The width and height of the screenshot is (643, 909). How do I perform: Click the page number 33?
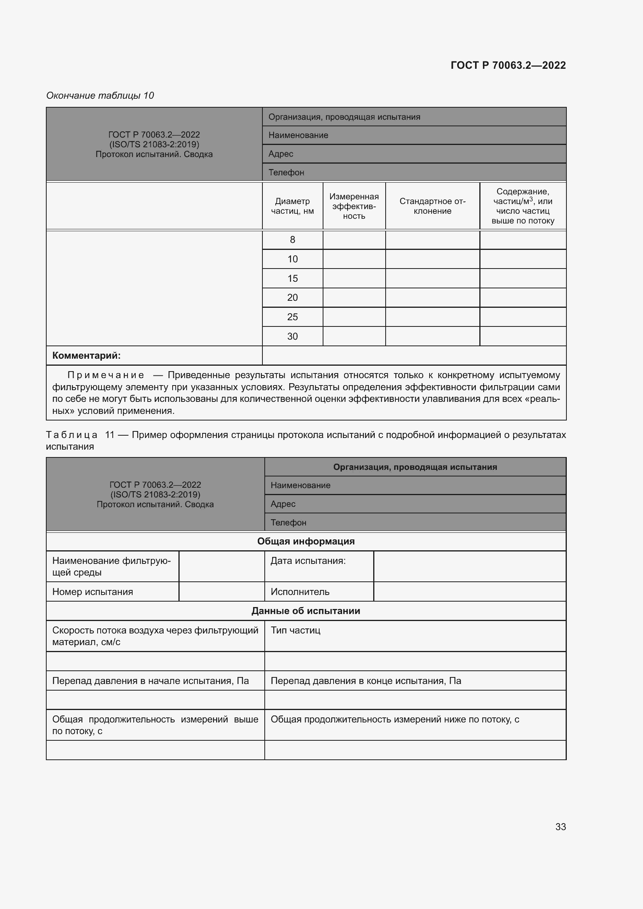point(560,827)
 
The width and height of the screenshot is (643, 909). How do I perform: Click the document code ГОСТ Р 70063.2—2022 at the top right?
point(508,65)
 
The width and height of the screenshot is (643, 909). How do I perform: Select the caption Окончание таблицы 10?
point(100,96)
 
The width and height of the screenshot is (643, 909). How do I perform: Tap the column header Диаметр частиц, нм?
point(292,206)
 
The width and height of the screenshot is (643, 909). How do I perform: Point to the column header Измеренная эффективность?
point(354,206)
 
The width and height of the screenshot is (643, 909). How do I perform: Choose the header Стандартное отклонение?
point(432,206)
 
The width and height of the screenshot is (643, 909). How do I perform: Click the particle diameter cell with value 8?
point(292,239)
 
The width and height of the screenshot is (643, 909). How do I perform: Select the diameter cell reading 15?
point(292,278)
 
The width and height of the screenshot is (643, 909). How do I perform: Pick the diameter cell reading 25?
point(292,317)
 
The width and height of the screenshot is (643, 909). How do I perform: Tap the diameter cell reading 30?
point(292,336)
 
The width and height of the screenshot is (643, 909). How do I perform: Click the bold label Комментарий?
point(86,356)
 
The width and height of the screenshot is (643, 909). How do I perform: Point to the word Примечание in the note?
point(105,375)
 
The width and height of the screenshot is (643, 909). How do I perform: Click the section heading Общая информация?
point(306,541)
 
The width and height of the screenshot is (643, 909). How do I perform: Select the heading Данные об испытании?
point(306,611)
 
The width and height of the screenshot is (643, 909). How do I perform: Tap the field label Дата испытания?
point(308,561)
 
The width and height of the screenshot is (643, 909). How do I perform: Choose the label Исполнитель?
point(300,592)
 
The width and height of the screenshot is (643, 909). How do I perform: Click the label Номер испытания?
point(93,592)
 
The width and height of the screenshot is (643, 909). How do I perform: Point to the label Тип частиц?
point(295,630)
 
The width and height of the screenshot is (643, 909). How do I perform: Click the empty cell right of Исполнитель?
point(470,592)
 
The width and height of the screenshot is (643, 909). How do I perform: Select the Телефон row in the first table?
point(414,172)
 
